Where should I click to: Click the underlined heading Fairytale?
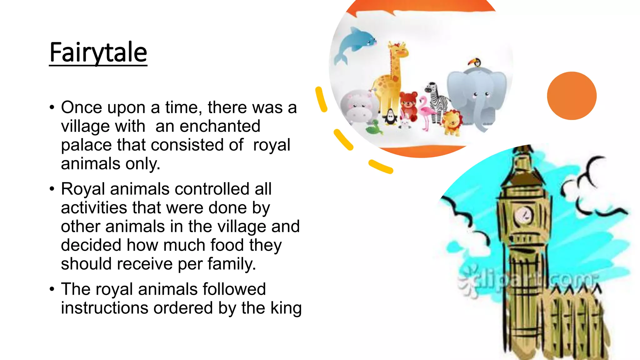98,52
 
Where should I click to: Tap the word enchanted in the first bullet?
220,126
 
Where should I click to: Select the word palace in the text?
86,145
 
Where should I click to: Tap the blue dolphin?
356,44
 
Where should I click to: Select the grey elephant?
477,97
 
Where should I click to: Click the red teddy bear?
408,105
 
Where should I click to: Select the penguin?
391,117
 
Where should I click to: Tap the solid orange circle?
572,96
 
